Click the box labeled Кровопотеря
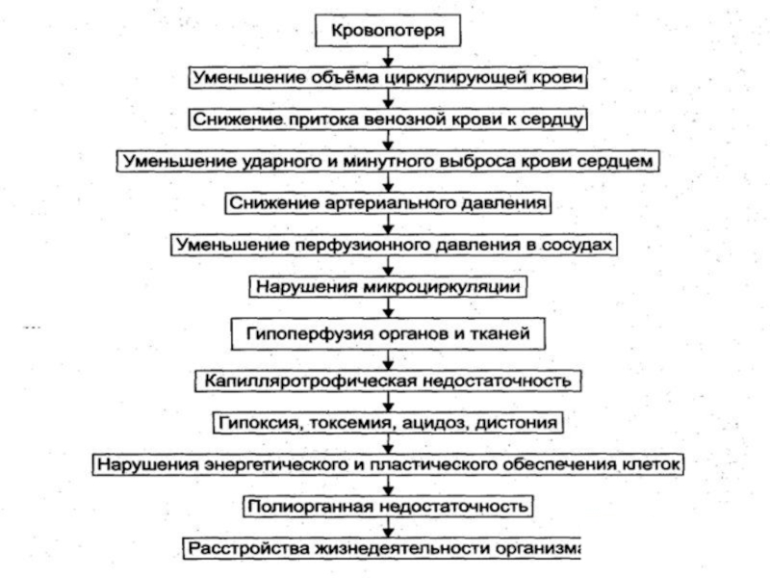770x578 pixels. click(388, 31)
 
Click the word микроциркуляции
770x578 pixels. click(442, 287)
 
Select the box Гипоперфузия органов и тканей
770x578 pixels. click(388, 334)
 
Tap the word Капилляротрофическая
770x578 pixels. click(310, 381)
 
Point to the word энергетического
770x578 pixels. click(276, 465)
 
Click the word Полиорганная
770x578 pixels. click(310, 507)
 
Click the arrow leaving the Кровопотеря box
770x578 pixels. click(388, 57)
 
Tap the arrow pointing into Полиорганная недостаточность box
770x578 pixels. click(388, 486)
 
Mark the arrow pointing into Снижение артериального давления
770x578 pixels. click(388, 182)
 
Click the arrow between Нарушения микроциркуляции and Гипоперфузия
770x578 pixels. click(388, 307)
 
